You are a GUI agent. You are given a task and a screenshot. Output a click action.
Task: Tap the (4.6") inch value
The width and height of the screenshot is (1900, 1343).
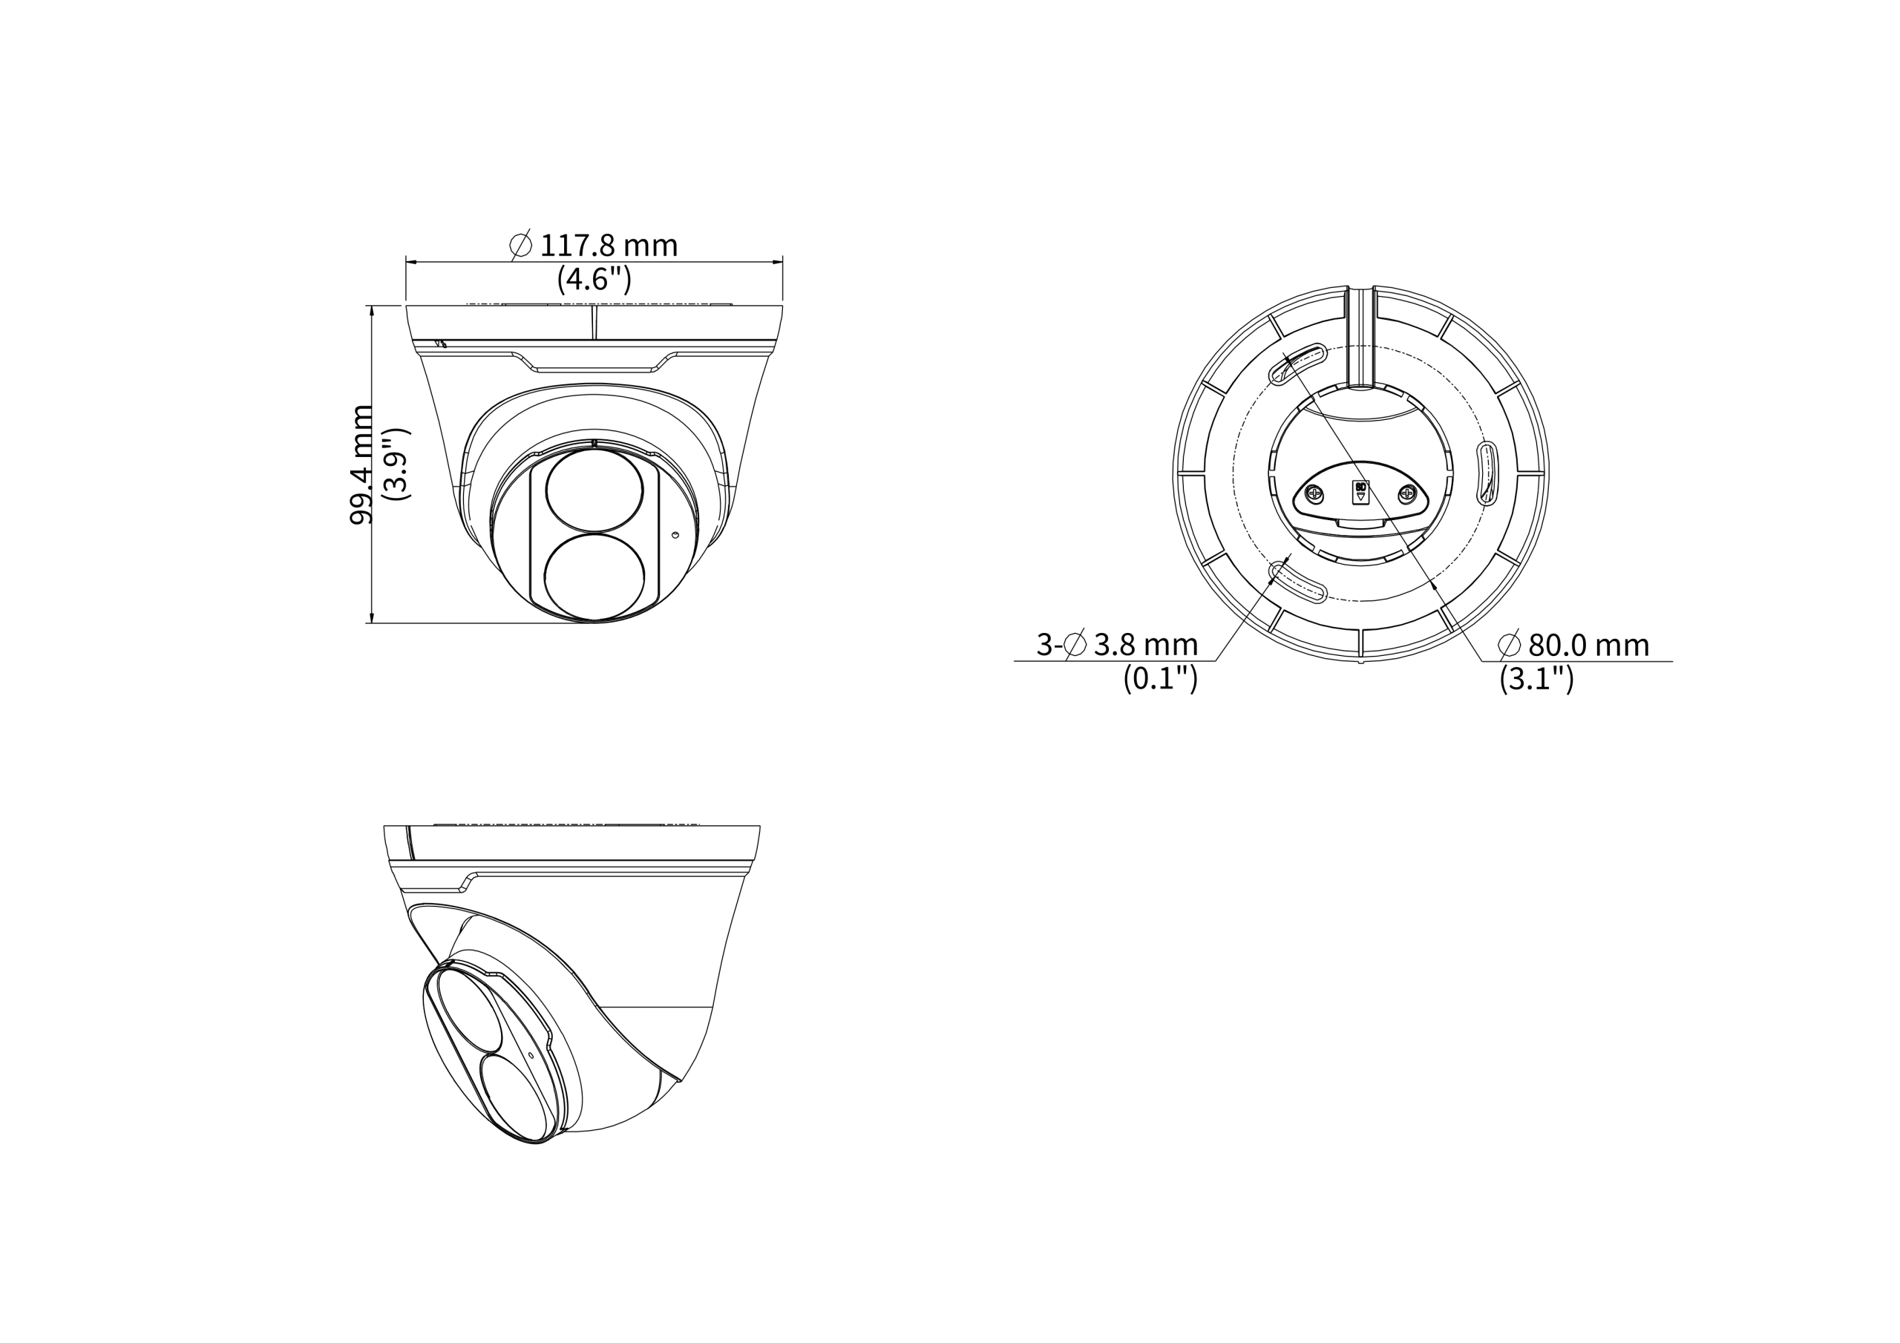tap(594, 279)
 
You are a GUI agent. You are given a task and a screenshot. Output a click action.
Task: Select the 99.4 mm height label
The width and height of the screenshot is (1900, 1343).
tap(361, 464)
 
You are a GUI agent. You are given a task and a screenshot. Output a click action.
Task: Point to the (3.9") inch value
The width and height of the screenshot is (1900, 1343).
tap(398, 464)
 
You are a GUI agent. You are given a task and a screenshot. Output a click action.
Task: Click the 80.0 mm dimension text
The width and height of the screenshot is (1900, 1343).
tap(1588, 645)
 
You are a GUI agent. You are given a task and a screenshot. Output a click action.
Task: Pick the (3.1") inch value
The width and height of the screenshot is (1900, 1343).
tap(1537, 678)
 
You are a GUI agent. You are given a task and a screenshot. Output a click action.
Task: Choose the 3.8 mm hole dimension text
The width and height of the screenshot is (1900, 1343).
tap(1145, 644)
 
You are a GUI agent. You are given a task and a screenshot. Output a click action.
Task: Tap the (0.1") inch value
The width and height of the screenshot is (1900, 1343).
tap(1160, 678)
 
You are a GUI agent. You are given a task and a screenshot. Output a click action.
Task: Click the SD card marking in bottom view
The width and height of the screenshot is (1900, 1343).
tap(1360, 491)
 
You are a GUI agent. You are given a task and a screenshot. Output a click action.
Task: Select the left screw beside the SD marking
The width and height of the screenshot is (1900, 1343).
tap(1315, 495)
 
